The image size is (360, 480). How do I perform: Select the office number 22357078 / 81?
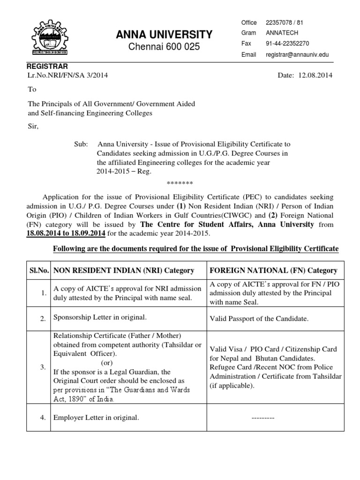285,22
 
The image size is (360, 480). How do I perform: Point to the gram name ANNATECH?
282,33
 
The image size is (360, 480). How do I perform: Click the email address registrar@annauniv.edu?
297,55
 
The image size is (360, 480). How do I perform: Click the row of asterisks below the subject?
173,183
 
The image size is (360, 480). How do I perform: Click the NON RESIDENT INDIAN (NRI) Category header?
124,270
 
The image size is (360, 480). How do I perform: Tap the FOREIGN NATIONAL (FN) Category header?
273,270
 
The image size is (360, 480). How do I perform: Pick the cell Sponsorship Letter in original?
100,318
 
